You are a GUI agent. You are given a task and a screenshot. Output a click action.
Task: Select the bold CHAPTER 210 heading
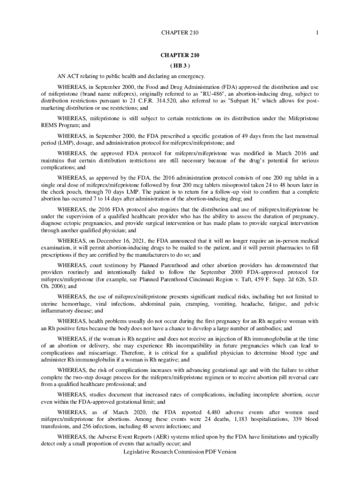[x=180, y=55]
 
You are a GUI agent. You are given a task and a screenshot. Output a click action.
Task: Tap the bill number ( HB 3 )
[x=180, y=65]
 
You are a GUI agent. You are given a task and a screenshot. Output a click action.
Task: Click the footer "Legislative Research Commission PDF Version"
[x=180, y=452]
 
